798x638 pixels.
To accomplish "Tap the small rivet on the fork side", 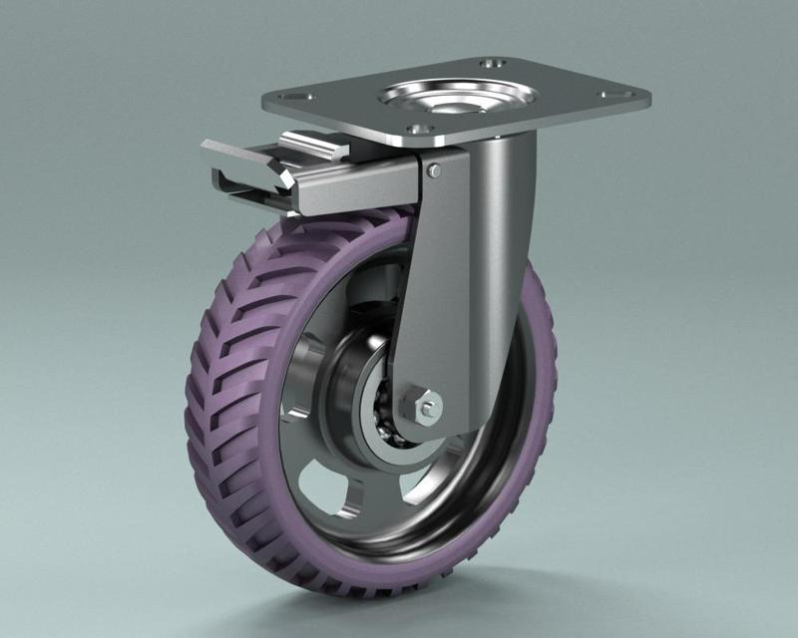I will click(434, 171).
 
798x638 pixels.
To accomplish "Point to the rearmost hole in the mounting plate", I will click(489, 64).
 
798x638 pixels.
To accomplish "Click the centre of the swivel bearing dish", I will click(455, 99).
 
